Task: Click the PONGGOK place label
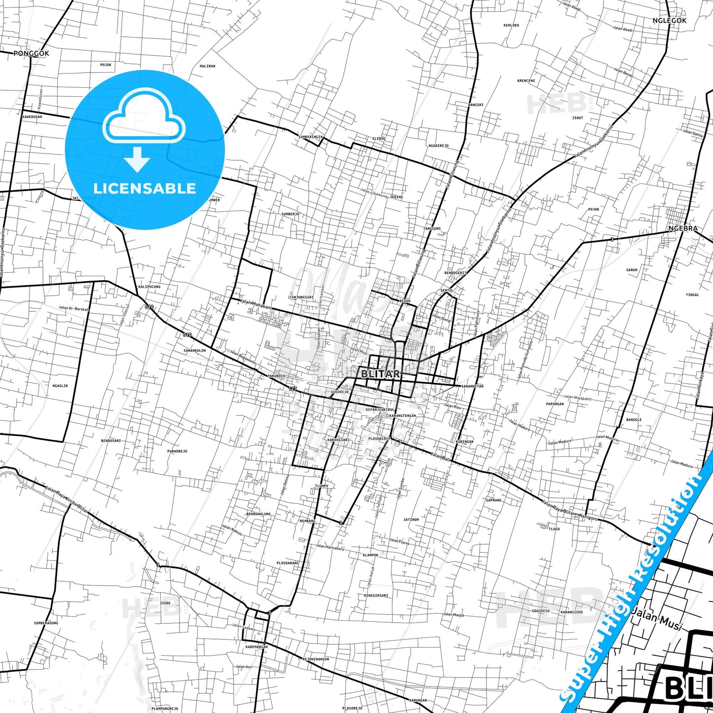pyautogui.click(x=32, y=53)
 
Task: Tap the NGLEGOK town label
pyautogui.click(x=669, y=21)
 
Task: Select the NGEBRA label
pyautogui.click(x=683, y=229)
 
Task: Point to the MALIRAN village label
pyautogui.click(x=207, y=66)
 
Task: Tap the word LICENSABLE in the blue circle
pyautogui.click(x=145, y=188)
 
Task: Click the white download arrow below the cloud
pyautogui.click(x=137, y=160)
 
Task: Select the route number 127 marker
pyautogui.click(x=293, y=389)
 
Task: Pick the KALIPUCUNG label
pyautogui.click(x=149, y=287)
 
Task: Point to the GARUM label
pyautogui.click(x=632, y=270)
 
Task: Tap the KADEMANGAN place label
pyautogui.click(x=256, y=647)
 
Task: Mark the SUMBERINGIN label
pyautogui.click(x=310, y=137)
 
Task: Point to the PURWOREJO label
pyautogui.click(x=177, y=451)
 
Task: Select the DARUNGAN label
pyautogui.click(x=418, y=701)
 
